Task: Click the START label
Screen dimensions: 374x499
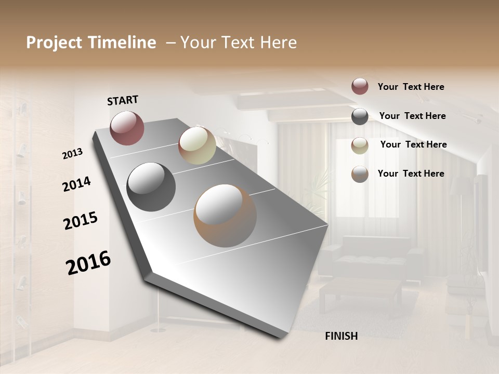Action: coord(123,100)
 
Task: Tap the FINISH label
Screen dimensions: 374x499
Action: coord(341,336)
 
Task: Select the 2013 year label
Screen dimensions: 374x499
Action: coord(72,153)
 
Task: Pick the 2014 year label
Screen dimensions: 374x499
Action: coord(76,184)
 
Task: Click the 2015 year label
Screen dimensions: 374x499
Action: coord(81,221)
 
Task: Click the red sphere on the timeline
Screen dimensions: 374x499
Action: coord(127,128)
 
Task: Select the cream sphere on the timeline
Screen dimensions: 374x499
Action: coord(197,145)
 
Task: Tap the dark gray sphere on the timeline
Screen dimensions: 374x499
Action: coord(151,187)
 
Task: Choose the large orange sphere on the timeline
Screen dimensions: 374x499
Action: coord(225,216)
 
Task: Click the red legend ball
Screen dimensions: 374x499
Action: coord(360,86)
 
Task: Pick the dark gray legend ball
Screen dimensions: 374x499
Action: coord(360,116)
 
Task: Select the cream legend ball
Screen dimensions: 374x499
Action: coord(360,145)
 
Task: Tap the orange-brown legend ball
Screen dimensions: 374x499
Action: coord(360,174)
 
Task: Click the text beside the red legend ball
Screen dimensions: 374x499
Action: coord(411,87)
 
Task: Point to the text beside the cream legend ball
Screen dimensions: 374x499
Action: coord(413,144)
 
